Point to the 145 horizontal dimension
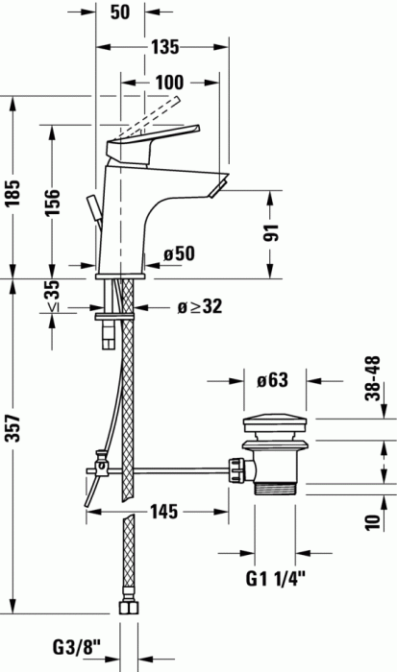pyautogui.click(x=161, y=514)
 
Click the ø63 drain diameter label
pyautogui.click(x=273, y=380)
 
